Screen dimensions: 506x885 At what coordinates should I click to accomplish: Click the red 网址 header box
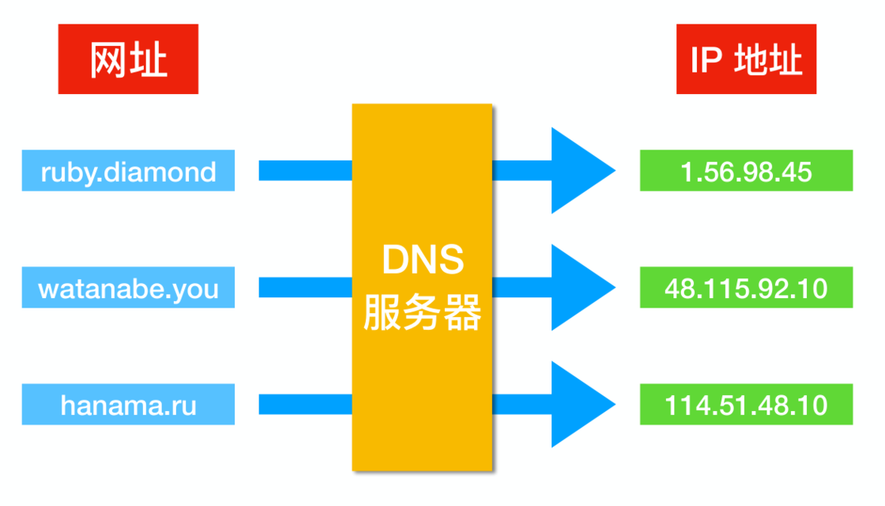click(x=128, y=59)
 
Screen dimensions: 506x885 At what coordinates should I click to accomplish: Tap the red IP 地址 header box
click(x=746, y=59)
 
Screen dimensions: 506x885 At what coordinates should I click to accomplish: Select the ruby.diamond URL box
click(x=128, y=171)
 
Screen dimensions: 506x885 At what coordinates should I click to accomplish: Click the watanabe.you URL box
click(x=128, y=288)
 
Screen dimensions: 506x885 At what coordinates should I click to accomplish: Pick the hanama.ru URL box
click(x=128, y=405)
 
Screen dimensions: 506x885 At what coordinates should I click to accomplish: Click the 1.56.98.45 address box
click(x=746, y=171)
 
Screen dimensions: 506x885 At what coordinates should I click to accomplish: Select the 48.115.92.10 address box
click(x=746, y=288)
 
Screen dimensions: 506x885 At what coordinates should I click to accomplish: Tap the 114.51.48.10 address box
click(x=746, y=405)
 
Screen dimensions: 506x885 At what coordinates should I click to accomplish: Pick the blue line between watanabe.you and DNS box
click(x=305, y=288)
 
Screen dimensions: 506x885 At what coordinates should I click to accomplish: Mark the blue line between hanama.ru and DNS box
click(x=305, y=405)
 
